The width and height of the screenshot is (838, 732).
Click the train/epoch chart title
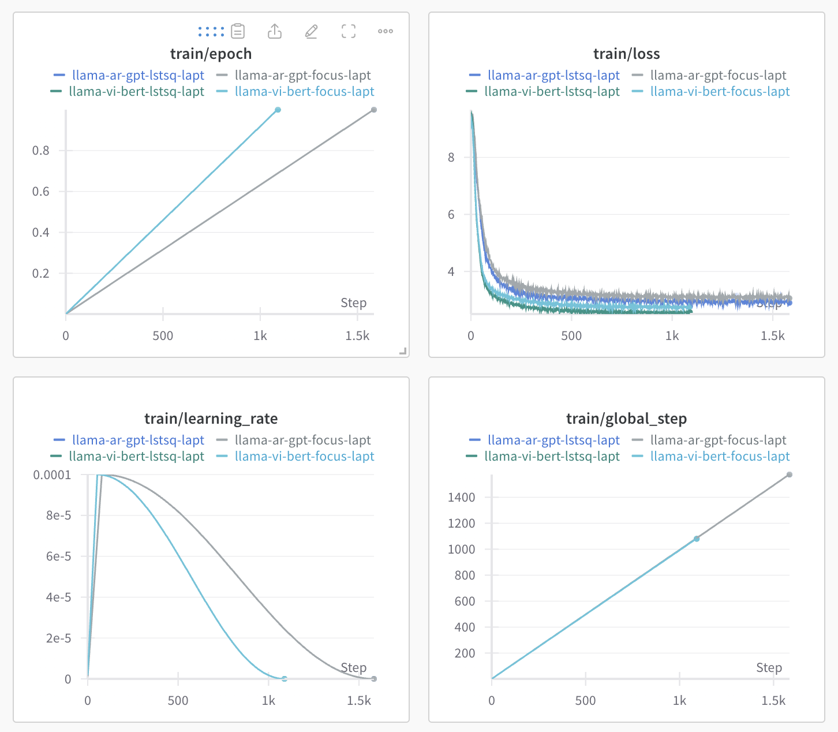tap(211, 54)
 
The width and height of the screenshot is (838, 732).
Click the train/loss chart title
tap(626, 54)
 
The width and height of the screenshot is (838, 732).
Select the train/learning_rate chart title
tap(211, 419)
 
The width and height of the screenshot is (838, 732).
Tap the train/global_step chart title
tap(626, 419)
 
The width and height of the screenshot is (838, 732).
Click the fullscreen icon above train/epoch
tap(349, 31)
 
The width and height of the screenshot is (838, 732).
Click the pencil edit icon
tap(311, 31)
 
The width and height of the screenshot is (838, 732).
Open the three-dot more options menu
tap(386, 31)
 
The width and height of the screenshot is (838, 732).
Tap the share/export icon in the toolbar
tap(275, 31)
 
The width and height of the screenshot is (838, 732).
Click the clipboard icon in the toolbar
tap(238, 31)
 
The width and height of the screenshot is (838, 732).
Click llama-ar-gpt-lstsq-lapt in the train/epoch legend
tap(138, 75)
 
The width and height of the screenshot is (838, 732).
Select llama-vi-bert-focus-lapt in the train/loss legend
tap(720, 91)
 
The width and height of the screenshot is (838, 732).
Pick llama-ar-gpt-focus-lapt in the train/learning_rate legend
tap(302, 440)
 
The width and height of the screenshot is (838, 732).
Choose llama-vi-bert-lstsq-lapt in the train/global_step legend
tap(552, 456)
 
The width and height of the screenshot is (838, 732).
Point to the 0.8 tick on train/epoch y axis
tap(41, 151)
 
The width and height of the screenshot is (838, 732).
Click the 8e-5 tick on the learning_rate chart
tap(59, 516)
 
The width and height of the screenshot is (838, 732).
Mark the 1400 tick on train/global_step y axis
tap(462, 497)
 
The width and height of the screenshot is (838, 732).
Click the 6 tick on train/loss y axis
tap(451, 215)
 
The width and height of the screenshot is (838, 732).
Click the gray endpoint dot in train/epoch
tap(374, 110)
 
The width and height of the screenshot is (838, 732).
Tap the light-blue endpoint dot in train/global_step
tap(697, 539)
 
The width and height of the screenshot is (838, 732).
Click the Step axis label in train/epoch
tap(353, 303)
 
